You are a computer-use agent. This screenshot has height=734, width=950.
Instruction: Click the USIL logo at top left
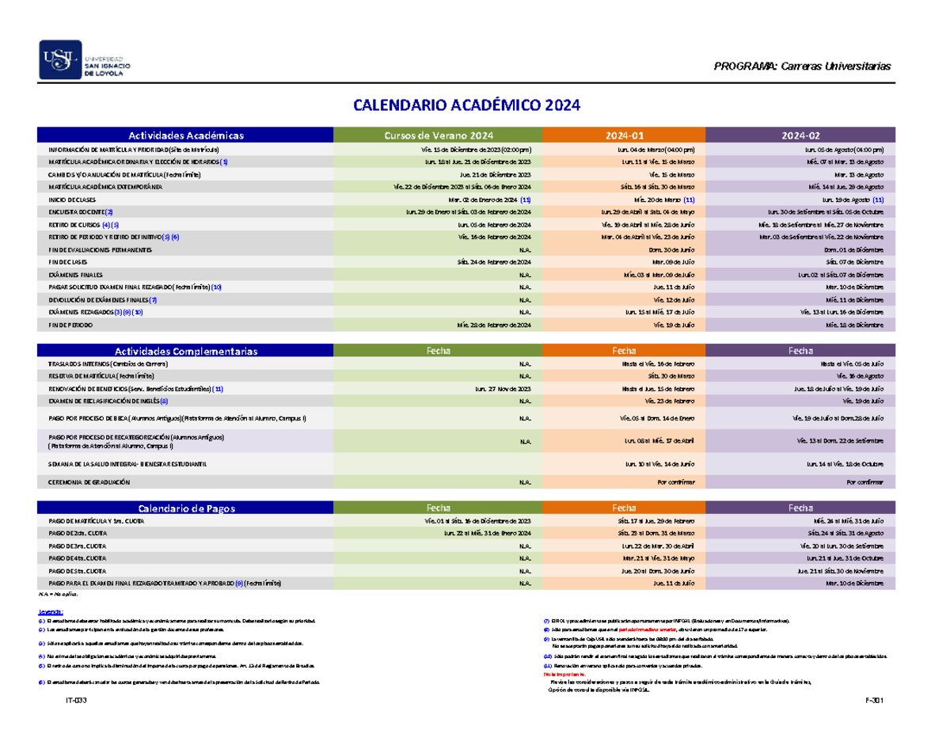[86, 61]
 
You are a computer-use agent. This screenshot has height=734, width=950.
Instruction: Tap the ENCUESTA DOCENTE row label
[80, 212]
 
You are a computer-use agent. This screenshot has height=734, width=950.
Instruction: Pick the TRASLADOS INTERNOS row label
[108, 363]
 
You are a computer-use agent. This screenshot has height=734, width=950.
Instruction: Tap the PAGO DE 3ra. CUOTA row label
[77, 546]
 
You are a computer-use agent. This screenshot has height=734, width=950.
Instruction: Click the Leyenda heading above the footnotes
[51, 612]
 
